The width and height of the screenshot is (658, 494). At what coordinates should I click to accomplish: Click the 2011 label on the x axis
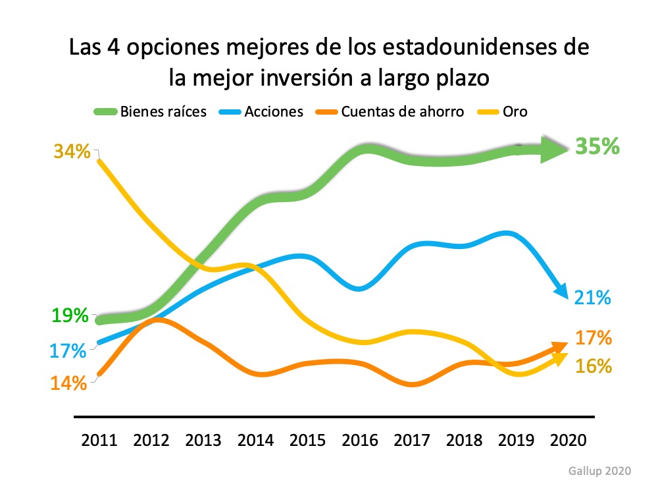(99, 441)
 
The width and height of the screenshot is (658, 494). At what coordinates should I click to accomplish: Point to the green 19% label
(71, 315)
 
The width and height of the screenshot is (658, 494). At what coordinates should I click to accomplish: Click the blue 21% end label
(592, 298)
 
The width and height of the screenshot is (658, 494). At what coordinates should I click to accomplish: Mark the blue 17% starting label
(68, 350)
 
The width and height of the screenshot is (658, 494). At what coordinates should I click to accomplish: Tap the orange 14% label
(69, 383)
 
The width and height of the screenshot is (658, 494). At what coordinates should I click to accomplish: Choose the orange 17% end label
(594, 339)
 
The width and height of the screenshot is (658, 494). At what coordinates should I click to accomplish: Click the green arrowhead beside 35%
(554, 150)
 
